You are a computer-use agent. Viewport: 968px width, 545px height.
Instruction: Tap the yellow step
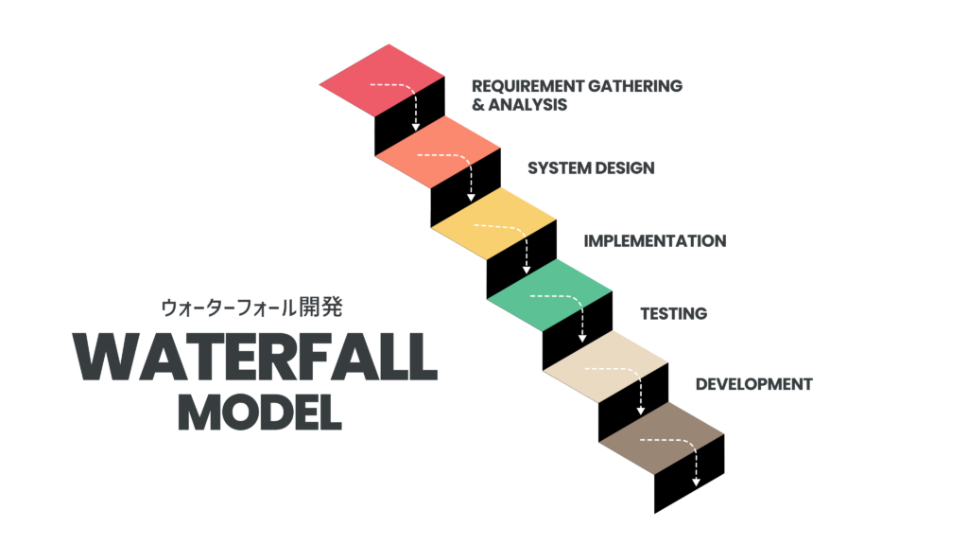tap(493, 223)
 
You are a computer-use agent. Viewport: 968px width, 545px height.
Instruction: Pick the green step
tap(549, 295)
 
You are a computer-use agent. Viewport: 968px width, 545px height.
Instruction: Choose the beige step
tap(605, 367)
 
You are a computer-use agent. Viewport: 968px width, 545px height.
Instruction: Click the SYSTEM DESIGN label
tap(591, 168)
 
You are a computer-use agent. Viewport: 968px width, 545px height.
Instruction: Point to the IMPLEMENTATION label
tap(654, 240)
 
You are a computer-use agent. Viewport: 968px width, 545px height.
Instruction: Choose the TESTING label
tap(673, 313)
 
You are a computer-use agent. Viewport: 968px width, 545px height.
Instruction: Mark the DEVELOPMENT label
tap(753, 384)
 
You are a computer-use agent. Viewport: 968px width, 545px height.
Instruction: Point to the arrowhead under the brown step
tap(697, 482)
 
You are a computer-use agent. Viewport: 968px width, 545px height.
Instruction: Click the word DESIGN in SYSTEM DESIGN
tap(624, 168)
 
